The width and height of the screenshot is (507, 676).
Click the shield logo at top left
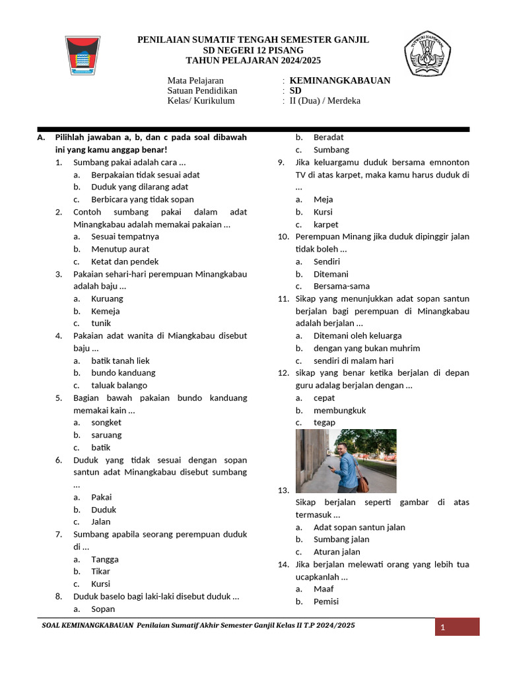point(83,56)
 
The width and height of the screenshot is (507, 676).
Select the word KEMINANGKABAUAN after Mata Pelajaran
point(340,81)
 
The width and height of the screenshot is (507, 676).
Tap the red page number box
point(457,627)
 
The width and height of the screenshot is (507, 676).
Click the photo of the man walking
point(346,461)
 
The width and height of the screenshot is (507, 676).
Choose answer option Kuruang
point(106,298)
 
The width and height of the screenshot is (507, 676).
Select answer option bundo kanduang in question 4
point(123,373)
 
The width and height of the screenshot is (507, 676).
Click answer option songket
point(106,422)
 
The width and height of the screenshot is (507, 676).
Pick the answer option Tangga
point(105,559)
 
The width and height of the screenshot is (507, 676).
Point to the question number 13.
point(283,490)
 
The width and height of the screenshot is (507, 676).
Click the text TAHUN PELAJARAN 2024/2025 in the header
point(253,60)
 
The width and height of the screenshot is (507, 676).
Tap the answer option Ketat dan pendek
point(125,261)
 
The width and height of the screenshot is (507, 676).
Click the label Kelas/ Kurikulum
point(201,101)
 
